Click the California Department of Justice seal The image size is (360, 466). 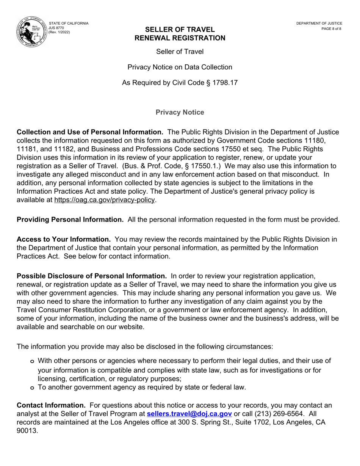[31, 32]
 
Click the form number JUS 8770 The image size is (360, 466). [56, 28]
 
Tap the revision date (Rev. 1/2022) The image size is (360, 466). [59, 33]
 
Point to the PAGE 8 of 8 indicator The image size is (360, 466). [331, 29]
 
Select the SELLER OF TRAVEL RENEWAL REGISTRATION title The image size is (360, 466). [180, 34]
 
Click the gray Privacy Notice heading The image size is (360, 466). [180, 113]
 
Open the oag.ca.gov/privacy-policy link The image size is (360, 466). [105, 200]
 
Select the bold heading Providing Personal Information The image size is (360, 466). [70, 220]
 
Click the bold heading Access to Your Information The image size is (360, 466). [64, 239]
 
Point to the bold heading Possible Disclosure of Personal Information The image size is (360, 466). [92, 276]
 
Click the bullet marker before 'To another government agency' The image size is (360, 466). [32, 388]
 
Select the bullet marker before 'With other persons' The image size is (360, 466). [32, 361]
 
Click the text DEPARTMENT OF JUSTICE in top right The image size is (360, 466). [319, 23]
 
